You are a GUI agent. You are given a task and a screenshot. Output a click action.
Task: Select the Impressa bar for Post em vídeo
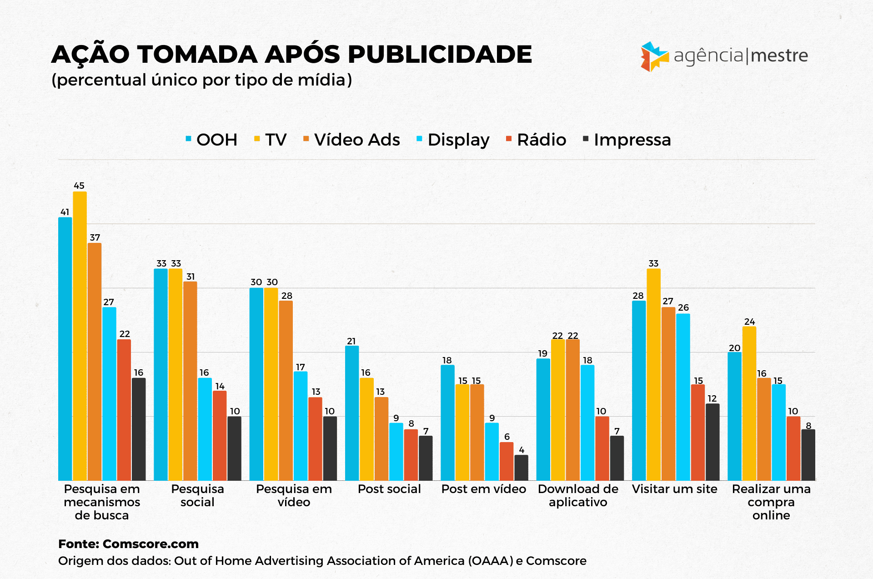click(522, 468)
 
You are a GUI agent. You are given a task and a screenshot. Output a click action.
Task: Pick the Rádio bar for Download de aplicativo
click(602, 448)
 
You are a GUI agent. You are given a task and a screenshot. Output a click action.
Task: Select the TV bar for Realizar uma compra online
click(749, 403)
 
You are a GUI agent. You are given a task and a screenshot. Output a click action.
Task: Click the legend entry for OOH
click(211, 140)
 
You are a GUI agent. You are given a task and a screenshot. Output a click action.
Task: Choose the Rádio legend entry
click(536, 140)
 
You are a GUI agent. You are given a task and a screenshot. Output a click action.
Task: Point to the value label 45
click(79, 186)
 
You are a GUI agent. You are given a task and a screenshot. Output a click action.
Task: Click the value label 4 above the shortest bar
click(522, 450)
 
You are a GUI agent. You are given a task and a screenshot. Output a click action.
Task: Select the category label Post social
click(389, 489)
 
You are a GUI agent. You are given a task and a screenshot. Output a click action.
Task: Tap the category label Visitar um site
click(674, 489)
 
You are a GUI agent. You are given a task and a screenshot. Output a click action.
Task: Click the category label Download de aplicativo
click(578, 495)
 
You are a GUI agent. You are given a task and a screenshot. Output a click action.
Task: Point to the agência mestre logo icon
click(654, 56)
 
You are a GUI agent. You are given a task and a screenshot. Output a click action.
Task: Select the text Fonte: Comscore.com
click(128, 544)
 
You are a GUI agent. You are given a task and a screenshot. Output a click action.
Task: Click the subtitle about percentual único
click(201, 80)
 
